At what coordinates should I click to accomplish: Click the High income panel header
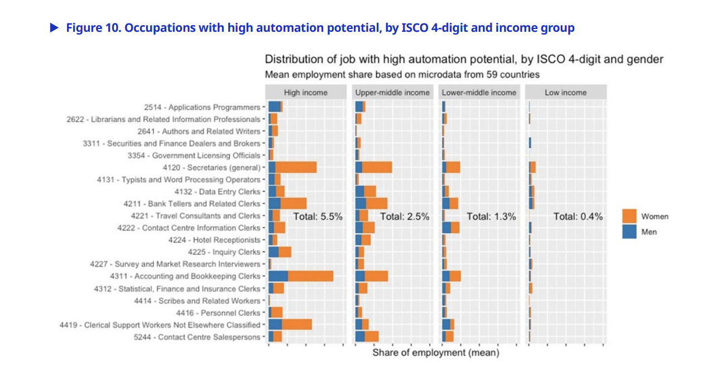tap(305, 93)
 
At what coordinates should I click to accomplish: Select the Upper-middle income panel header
tap(392, 93)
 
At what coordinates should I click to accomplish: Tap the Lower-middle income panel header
tap(479, 93)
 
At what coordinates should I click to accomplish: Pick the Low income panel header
tap(565, 93)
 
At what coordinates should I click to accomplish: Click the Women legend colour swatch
tap(629, 216)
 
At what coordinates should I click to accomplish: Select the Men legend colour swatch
tap(629, 231)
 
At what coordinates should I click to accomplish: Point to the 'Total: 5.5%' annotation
tap(318, 216)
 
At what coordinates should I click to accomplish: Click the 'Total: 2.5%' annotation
tap(405, 216)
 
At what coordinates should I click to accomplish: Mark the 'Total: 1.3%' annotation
tap(491, 216)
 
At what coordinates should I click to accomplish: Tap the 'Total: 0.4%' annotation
tap(578, 216)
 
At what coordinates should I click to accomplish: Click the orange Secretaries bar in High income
tap(296, 167)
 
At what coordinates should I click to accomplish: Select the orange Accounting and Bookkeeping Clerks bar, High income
tap(310, 276)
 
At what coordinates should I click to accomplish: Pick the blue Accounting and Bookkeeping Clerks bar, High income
tap(278, 276)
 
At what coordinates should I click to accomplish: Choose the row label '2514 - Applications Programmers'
tap(202, 107)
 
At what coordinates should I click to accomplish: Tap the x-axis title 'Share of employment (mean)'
tap(435, 352)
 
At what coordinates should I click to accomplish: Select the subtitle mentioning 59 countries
tap(402, 74)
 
